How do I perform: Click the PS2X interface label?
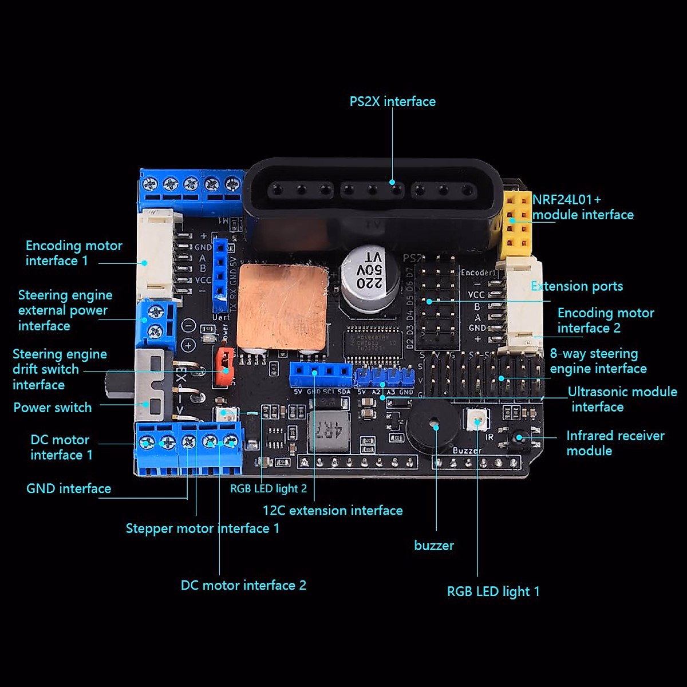pos(392,101)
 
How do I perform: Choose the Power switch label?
pos(53,408)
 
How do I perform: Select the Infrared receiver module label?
pos(615,443)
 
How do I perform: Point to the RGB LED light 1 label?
pos(493,591)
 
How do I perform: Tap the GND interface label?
pos(69,488)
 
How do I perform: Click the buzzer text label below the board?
pos(434,546)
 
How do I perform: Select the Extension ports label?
pos(577,286)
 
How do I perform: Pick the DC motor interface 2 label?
pos(243,585)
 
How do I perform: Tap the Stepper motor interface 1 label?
pos(203,528)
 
